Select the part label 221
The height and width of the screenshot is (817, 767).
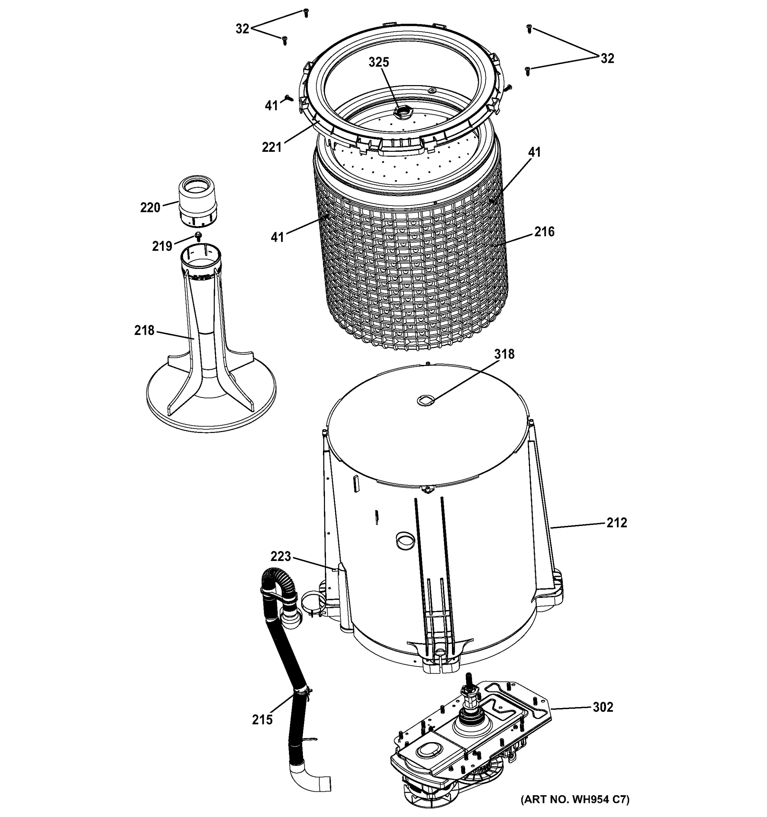click(x=272, y=147)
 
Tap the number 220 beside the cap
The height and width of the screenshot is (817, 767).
click(x=150, y=208)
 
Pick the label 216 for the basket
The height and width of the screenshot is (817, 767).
click(x=544, y=232)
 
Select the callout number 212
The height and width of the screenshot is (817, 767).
click(x=617, y=523)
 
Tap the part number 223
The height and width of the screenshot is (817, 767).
click(x=281, y=557)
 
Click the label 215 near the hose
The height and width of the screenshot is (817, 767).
click(x=262, y=720)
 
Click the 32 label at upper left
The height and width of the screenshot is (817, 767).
click(x=242, y=29)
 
